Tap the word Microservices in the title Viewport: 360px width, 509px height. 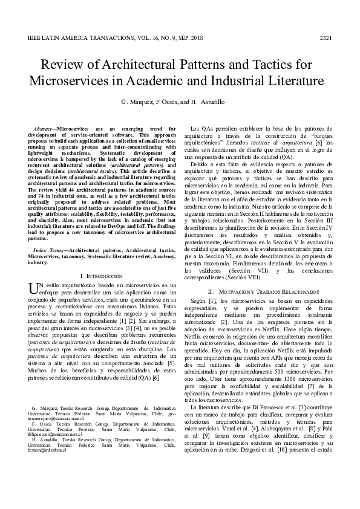pos(76,82)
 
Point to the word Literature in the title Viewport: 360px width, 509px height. pos(291,82)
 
